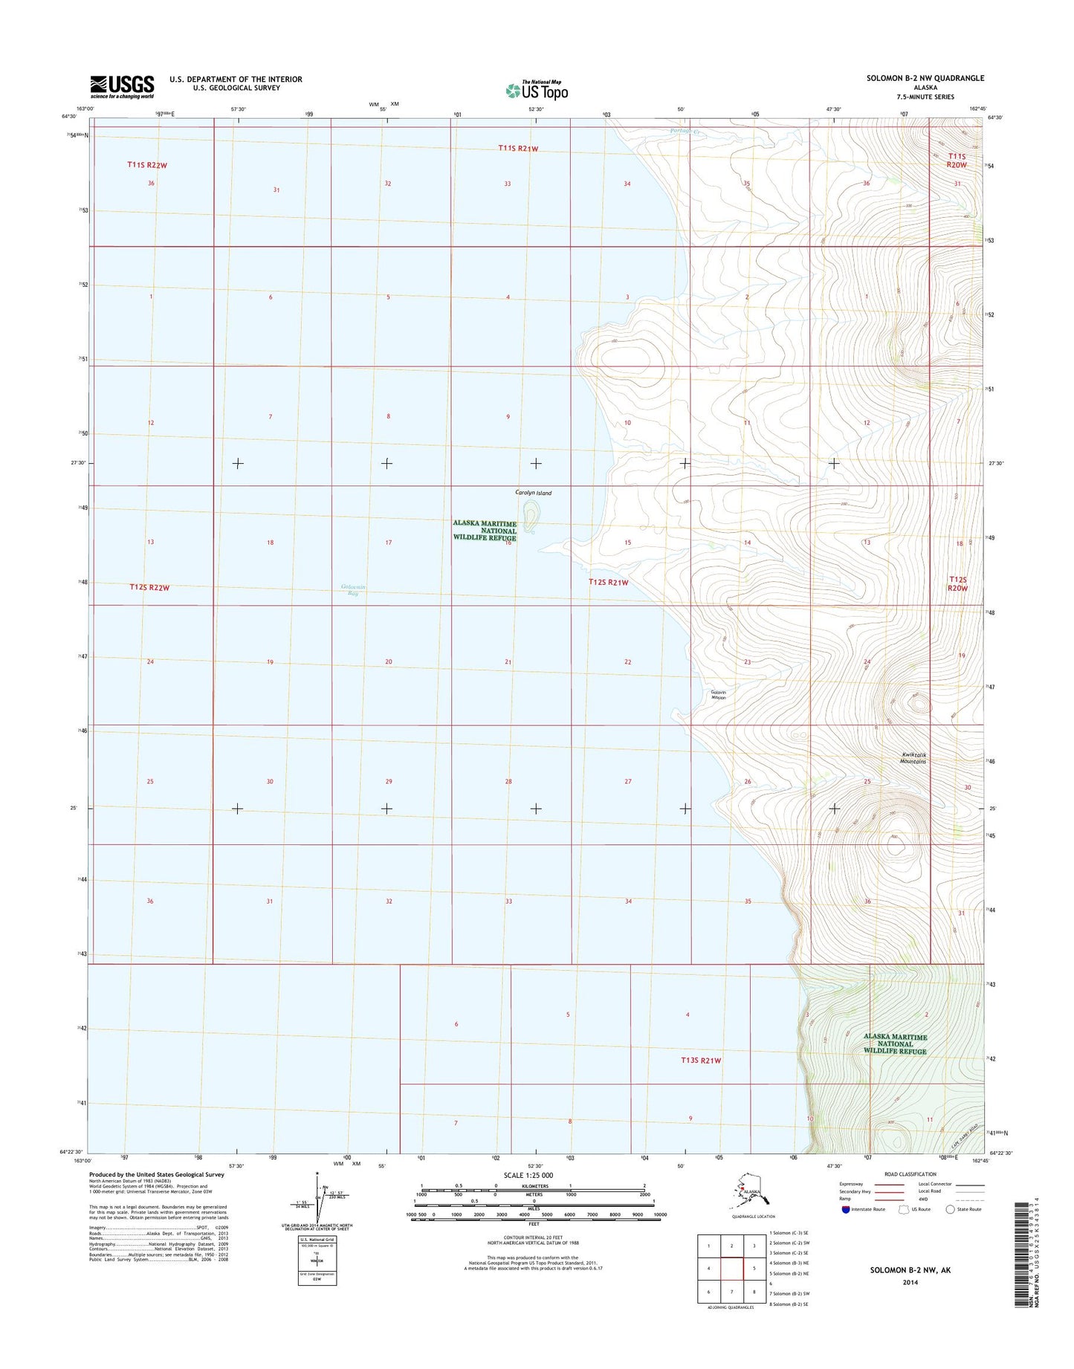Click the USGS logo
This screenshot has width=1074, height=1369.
(122, 86)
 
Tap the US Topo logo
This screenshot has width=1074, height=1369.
(537, 90)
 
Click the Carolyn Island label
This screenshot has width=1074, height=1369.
(533, 493)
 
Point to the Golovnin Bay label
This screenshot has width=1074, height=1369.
(353, 590)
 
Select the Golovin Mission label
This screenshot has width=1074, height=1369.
(718, 695)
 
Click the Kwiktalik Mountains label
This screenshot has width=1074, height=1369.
(913, 757)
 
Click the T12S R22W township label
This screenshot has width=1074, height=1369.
(149, 587)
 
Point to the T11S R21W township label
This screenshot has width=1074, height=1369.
(518, 149)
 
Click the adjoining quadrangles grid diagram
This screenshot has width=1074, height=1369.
(731, 1269)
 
